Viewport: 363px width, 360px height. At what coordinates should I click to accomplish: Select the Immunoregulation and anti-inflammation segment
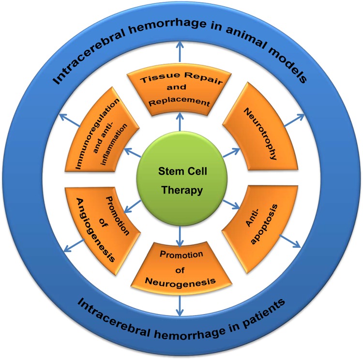tap(102, 133)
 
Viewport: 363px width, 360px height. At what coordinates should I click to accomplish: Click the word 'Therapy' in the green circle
tap(181, 191)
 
